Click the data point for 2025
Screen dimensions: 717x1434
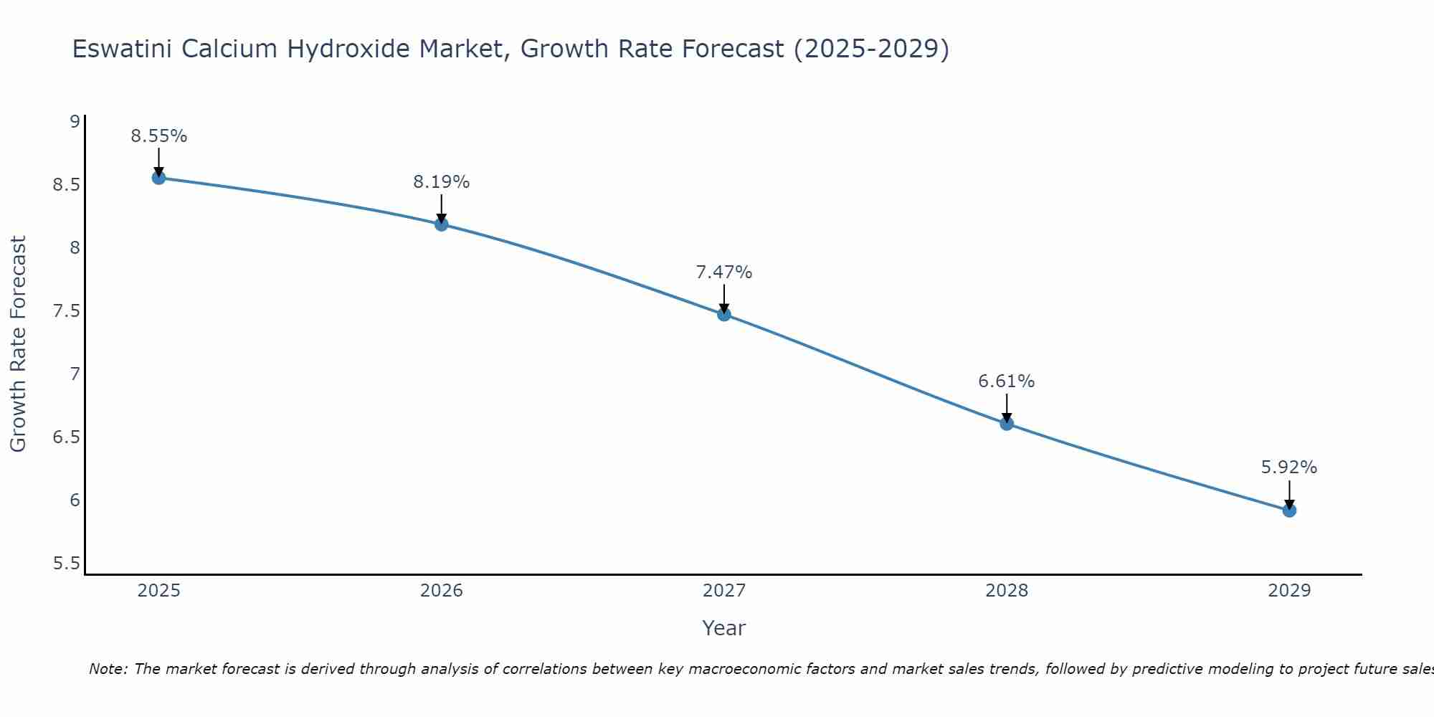158,178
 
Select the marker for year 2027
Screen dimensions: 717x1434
724,314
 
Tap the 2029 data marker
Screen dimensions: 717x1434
1289,511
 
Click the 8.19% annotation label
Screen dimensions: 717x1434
441,182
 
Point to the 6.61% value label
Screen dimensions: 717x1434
1007,381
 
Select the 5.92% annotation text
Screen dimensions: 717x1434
1289,467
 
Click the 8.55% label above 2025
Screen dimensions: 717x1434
158,136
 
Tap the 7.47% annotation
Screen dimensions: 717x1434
724,272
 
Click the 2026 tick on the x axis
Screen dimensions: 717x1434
441,591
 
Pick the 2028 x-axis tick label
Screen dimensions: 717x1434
1007,591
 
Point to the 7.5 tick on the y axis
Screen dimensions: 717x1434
66,311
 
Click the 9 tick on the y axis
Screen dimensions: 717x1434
75,122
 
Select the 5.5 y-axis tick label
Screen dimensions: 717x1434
66,564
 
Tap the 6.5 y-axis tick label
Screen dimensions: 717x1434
66,437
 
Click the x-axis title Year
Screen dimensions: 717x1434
724,628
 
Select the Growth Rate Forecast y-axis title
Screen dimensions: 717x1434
19,344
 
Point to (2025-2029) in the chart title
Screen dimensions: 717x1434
871,49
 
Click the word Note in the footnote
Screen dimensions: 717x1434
108,669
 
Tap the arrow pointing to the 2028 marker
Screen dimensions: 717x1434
1007,407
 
